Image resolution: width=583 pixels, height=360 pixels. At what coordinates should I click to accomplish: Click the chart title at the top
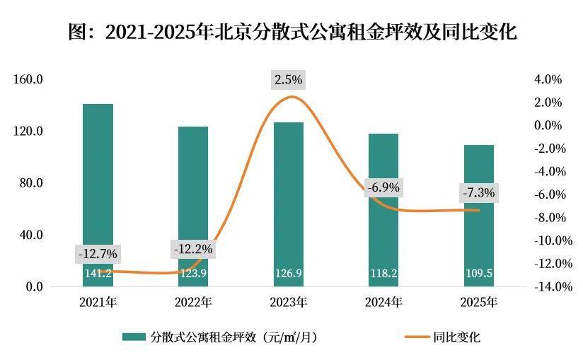point(291,33)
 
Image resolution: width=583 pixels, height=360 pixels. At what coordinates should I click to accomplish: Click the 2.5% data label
point(288,80)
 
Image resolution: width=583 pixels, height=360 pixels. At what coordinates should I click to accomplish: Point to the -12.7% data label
point(98,253)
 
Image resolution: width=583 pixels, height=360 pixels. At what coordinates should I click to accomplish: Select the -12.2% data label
point(192,249)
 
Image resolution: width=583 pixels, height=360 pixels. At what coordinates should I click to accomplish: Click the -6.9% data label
point(383,188)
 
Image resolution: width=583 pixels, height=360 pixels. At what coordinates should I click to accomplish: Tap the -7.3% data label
point(478,192)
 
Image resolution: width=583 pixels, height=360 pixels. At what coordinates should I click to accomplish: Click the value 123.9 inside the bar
point(193,273)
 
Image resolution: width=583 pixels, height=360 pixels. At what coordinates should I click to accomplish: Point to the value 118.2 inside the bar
point(383,273)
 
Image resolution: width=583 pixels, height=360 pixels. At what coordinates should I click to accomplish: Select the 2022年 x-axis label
point(193,303)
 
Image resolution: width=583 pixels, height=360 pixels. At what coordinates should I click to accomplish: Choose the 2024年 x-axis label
point(383,303)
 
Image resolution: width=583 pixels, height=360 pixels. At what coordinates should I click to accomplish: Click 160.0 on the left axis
point(29,79)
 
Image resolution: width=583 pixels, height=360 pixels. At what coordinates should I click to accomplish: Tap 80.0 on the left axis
point(32,183)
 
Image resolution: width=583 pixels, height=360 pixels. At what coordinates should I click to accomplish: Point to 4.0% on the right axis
point(548,79)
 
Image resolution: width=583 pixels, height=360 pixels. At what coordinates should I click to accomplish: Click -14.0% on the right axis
point(545,287)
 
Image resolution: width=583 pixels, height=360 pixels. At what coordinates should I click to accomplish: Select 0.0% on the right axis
point(548,125)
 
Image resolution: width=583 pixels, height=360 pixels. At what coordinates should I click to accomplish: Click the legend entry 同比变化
point(456,337)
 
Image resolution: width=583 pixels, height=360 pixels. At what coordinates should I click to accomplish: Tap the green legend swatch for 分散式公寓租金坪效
point(134,337)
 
